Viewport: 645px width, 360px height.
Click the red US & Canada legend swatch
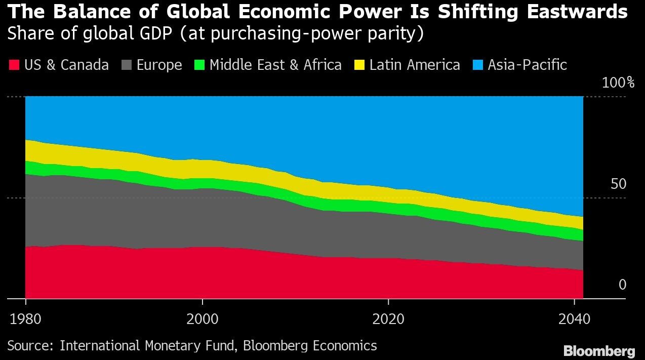pyautogui.click(x=14, y=65)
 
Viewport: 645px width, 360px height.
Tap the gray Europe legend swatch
pyautogui.click(x=127, y=65)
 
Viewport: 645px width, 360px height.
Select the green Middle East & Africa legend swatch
pyautogui.click(x=199, y=65)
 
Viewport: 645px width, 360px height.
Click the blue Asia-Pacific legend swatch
pyautogui.click(x=478, y=65)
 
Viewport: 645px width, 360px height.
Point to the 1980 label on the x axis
pyautogui.click(x=25, y=320)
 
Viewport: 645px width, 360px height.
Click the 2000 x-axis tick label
pyautogui.click(x=202, y=320)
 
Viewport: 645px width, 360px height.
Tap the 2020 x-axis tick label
pyautogui.click(x=388, y=320)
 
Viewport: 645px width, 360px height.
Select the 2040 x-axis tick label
pyautogui.click(x=574, y=320)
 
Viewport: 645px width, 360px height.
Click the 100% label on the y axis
pyautogui.click(x=613, y=83)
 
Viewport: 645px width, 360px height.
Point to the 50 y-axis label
pyautogui.click(x=618, y=184)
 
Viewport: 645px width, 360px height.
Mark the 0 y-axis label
pyautogui.click(x=622, y=285)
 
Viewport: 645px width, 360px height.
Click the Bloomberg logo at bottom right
pyautogui.click(x=599, y=350)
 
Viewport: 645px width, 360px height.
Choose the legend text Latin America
pyautogui.click(x=415, y=65)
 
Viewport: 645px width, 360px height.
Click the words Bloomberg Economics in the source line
pyautogui.click(x=310, y=346)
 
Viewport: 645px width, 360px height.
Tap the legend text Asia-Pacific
pyautogui.click(x=527, y=65)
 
